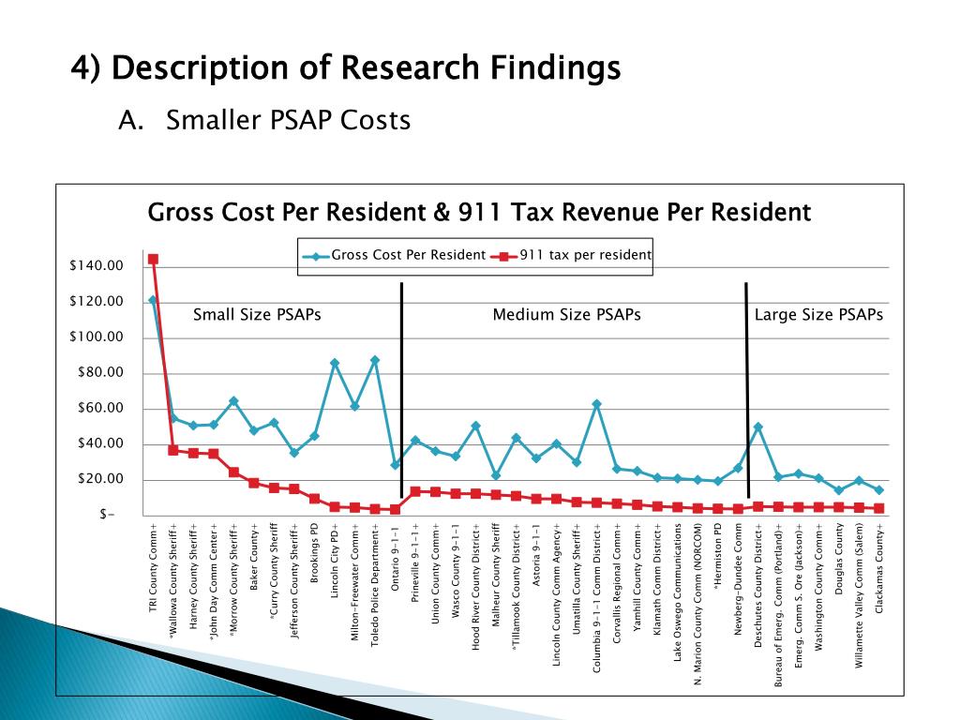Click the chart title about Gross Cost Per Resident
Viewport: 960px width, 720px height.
coord(479,213)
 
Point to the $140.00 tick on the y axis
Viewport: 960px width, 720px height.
coord(97,266)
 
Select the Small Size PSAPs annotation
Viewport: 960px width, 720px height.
coord(257,315)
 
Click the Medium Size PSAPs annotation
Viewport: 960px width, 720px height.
coord(566,315)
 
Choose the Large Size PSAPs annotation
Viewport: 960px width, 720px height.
coord(818,315)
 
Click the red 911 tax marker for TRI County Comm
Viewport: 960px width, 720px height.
coord(153,259)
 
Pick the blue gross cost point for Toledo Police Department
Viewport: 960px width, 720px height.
coord(375,360)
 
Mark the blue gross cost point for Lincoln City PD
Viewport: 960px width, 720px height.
coord(335,363)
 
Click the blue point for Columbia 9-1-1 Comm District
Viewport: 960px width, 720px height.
coord(596,404)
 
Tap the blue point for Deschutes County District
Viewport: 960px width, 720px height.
coord(757,427)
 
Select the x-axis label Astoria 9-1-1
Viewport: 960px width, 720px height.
coord(536,567)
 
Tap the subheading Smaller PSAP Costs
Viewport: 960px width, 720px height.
coord(288,121)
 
